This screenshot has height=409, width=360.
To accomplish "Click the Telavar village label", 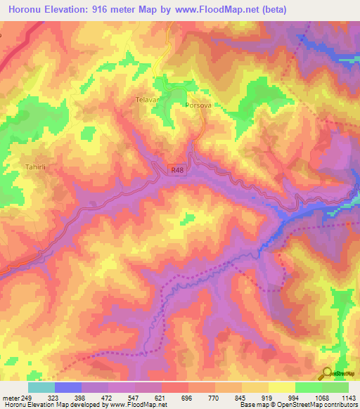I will click(x=148, y=100).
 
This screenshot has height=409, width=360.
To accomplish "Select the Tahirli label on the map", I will click(x=35, y=167).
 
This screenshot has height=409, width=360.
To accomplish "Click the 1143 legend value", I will click(x=349, y=397).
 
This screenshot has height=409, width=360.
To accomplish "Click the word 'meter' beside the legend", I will click(x=11, y=397).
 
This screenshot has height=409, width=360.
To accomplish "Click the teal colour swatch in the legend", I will click(x=41, y=387).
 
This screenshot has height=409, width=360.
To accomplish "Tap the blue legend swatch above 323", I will click(x=68, y=387).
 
